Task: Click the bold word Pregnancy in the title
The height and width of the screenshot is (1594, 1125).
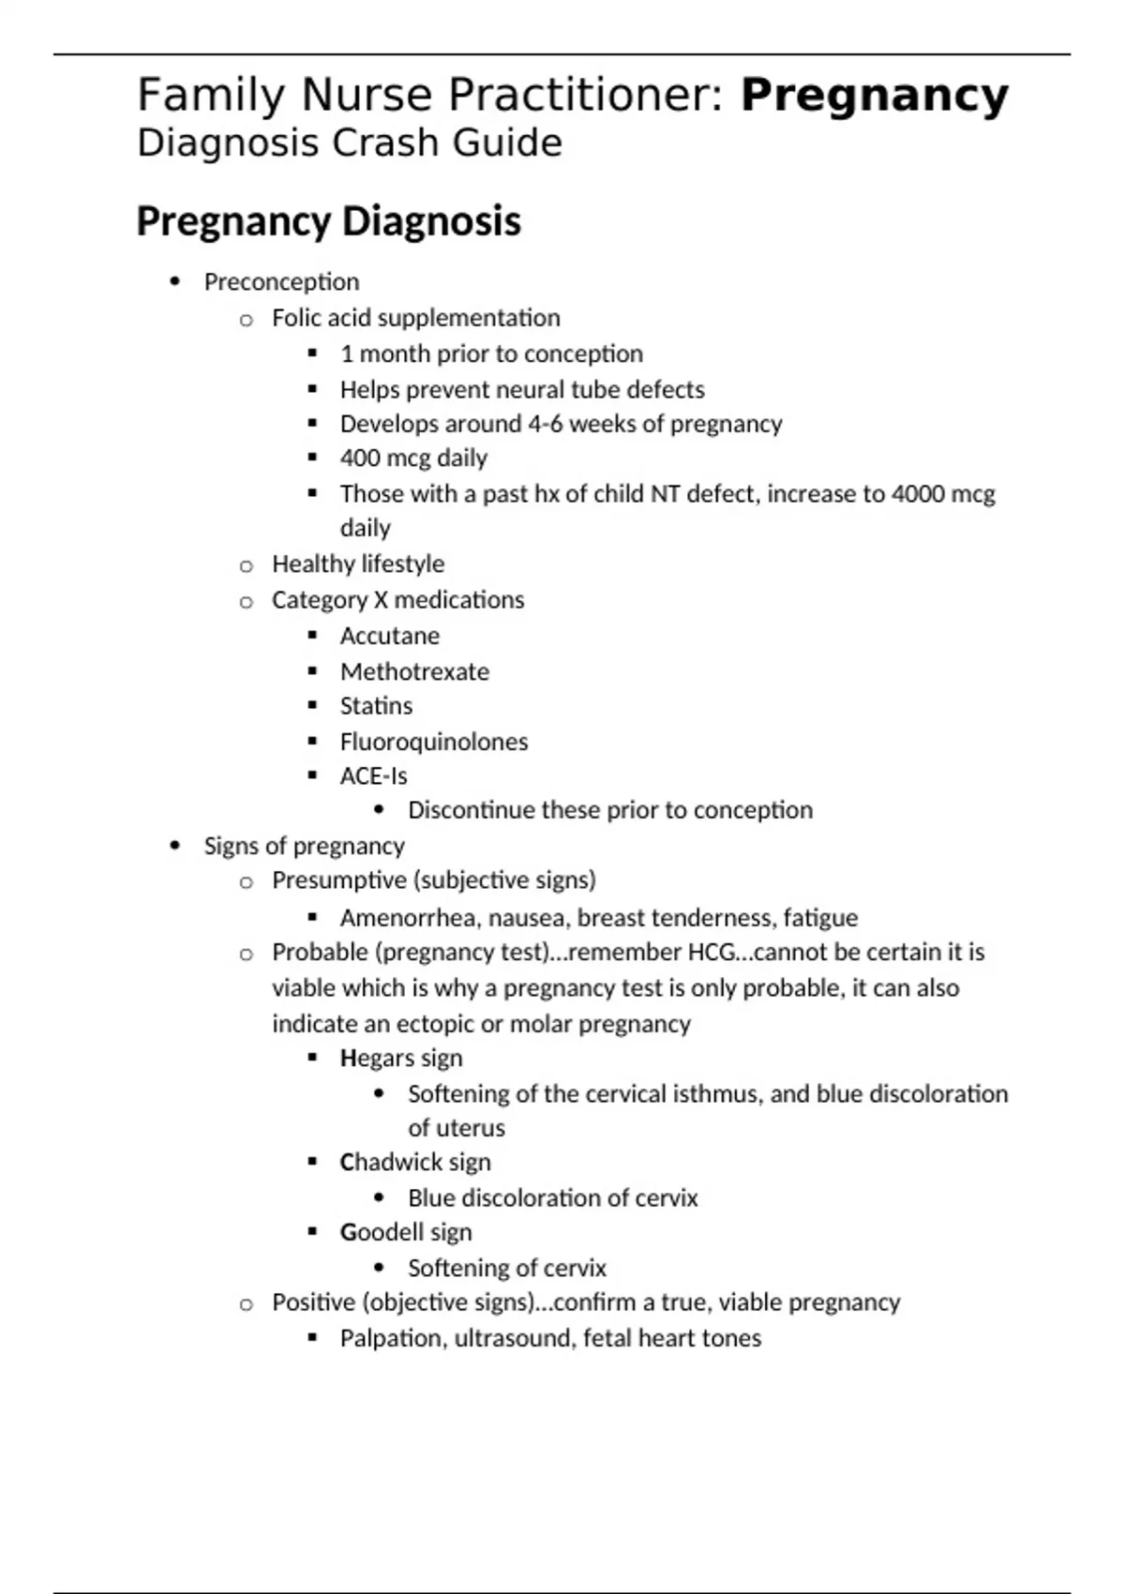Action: click(874, 96)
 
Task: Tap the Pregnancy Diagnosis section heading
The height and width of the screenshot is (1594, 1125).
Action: click(328, 221)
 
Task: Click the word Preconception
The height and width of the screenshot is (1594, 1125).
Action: click(281, 282)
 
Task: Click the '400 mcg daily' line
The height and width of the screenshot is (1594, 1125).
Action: click(413, 459)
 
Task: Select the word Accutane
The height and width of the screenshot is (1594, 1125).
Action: click(389, 636)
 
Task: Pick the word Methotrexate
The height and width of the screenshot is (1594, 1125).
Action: click(414, 671)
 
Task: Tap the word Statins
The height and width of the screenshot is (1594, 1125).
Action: click(376, 706)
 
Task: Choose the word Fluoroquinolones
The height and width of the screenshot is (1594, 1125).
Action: click(434, 742)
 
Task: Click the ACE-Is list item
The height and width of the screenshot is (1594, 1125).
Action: click(373, 776)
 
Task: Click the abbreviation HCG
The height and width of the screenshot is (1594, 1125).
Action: click(712, 953)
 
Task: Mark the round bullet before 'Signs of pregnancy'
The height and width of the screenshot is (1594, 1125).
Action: click(175, 846)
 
